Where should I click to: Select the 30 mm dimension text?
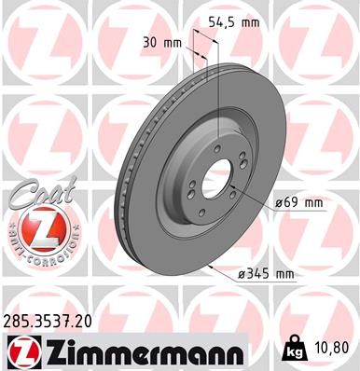click(161, 42)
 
